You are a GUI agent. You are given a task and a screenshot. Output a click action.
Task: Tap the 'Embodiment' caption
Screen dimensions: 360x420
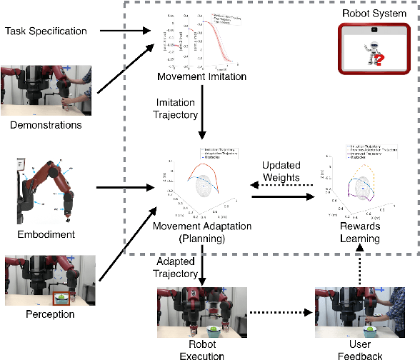point(46,234)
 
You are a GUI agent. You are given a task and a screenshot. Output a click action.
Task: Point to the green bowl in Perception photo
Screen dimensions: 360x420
point(64,296)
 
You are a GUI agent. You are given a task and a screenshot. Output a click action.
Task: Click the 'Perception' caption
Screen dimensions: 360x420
point(46,314)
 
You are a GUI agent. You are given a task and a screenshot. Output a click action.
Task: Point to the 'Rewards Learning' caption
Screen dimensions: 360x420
point(359,233)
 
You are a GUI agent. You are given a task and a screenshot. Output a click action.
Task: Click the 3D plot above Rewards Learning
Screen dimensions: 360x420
point(357,182)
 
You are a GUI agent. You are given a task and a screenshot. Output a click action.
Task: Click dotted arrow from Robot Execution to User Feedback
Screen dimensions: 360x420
point(279,312)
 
